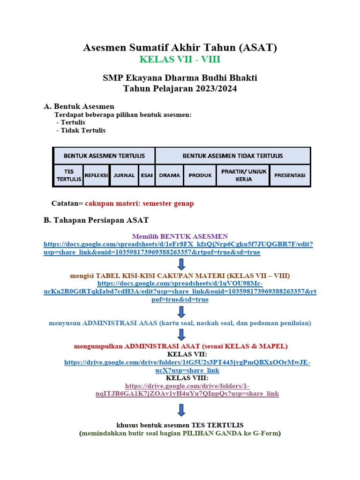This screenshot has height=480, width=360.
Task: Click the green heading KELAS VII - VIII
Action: point(180,60)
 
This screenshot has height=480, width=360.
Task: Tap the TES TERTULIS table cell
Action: point(68,175)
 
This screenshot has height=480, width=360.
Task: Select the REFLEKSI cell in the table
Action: point(97,175)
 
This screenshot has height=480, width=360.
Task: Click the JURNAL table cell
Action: point(124,175)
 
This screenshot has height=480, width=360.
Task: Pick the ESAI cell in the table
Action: point(147,175)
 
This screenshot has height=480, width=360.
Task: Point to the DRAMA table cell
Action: point(170,175)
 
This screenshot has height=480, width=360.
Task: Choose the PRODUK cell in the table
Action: point(200,175)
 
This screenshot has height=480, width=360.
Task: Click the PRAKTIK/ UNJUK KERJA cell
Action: point(244,175)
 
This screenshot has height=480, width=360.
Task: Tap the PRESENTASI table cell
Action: point(290,175)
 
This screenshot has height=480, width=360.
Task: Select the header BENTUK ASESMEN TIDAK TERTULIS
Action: point(232,156)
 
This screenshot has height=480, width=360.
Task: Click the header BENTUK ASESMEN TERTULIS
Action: point(104,156)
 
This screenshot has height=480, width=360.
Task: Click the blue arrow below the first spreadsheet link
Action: point(182,264)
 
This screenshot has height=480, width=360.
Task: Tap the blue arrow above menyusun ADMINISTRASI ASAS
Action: point(182,312)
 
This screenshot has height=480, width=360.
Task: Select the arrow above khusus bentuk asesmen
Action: point(182,411)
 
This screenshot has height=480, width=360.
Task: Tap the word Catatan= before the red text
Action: point(67,203)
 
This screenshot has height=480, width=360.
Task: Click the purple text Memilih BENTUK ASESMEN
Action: point(180,236)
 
